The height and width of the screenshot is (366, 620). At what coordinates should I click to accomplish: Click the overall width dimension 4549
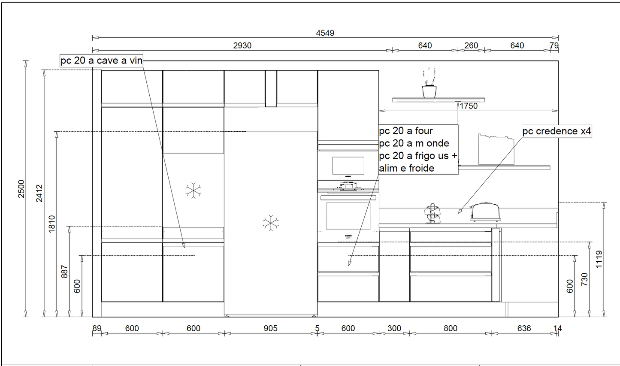tap(325, 33)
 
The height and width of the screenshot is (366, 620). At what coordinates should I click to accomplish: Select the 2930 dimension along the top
tap(242, 45)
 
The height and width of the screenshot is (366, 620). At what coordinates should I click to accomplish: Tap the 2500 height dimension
tap(21, 189)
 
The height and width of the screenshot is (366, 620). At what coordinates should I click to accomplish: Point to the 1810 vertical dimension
tap(52, 224)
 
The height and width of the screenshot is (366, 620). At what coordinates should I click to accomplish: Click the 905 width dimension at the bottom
tap(270, 328)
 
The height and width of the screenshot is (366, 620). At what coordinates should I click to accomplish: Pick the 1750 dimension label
tap(469, 106)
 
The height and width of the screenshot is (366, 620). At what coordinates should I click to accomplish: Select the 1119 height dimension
tap(599, 260)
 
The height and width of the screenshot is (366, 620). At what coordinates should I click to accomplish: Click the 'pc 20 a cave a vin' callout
tap(102, 60)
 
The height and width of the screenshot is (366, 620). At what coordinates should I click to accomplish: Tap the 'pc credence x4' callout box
tap(557, 131)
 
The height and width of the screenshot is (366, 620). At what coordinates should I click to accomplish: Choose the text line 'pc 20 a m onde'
tap(414, 143)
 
